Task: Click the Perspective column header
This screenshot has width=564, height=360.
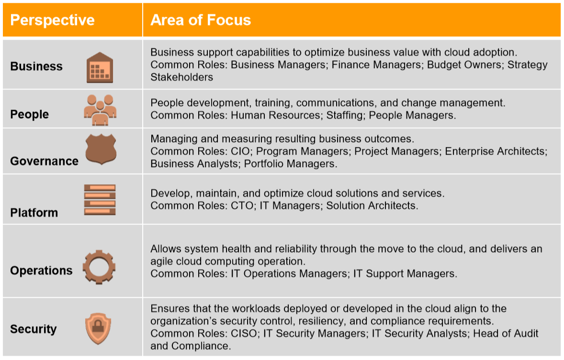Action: tap(52, 20)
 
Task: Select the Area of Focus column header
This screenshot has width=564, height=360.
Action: tap(201, 20)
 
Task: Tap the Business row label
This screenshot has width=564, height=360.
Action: tap(36, 66)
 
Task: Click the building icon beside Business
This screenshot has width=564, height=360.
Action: tap(100, 67)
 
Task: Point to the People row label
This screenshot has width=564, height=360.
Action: tap(30, 114)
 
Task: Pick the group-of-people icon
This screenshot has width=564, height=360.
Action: tap(100, 110)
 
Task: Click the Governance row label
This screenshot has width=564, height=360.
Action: tap(44, 161)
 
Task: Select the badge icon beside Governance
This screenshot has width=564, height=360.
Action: tap(100, 150)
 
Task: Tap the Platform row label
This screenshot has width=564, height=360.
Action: tap(34, 213)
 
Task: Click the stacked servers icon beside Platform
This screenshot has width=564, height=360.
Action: tap(100, 199)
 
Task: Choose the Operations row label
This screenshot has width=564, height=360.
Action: tap(41, 270)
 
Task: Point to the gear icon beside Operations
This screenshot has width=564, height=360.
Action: tap(99, 267)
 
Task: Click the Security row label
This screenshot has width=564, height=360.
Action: tap(34, 329)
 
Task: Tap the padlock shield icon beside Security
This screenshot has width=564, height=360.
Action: tap(100, 328)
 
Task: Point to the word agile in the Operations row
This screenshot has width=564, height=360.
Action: tap(162, 262)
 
